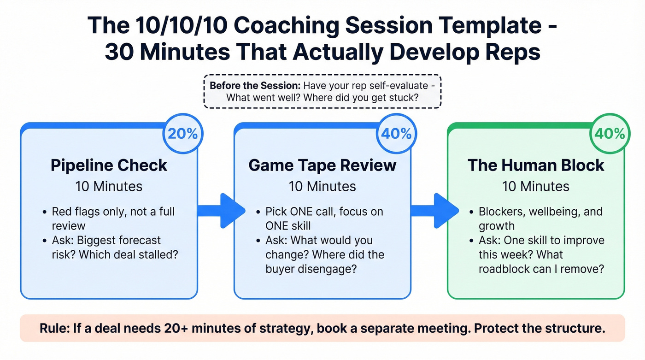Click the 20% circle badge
pyautogui.click(x=182, y=134)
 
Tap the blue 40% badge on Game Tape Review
pyautogui.click(x=396, y=134)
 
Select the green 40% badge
pyautogui.click(x=610, y=134)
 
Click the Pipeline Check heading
pyautogui.click(x=109, y=165)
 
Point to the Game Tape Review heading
pyautogui.click(x=322, y=165)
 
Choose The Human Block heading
pyautogui.click(x=536, y=165)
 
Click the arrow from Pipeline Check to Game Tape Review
pyautogui.click(x=222, y=211)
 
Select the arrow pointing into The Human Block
pyautogui.click(x=435, y=211)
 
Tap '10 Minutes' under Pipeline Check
pyautogui.click(x=109, y=186)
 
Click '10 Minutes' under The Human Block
pyautogui.click(x=536, y=186)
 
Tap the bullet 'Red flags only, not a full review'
pyautogui.click(x=113, y=218)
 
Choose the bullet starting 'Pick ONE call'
pyautogui.click(x=324, y=218)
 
